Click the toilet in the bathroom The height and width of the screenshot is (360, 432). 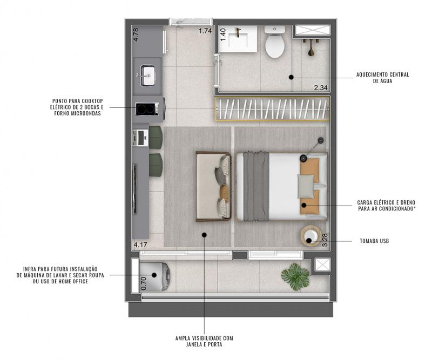pos(275,42)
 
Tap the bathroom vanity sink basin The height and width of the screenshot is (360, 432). pos(239,38)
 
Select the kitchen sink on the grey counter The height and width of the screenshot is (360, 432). pos(147,76)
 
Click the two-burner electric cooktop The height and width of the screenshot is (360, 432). pos(147,109)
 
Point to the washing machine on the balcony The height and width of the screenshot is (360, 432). pos(154,276)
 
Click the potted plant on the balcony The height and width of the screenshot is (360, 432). pos(295,276)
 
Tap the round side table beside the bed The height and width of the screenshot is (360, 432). pos(310,236)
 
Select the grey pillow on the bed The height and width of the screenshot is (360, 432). pos(306,186)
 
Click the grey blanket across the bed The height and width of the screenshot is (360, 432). pos(255,186)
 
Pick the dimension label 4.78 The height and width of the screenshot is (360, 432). pos(136,35)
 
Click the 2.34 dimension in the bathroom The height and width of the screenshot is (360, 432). pos(321,88)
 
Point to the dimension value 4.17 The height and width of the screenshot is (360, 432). pos(140,244)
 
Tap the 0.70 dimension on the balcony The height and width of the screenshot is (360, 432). pos(144,283)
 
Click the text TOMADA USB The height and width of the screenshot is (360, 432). pos(374,241)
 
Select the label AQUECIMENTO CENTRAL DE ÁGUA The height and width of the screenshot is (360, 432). pos(382,78)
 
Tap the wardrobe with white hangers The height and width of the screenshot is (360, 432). pos(272,109)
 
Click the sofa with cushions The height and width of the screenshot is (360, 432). pos(213,186)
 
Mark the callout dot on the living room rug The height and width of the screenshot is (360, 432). pos(204,235)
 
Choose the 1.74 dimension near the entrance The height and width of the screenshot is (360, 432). pos(205,31)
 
